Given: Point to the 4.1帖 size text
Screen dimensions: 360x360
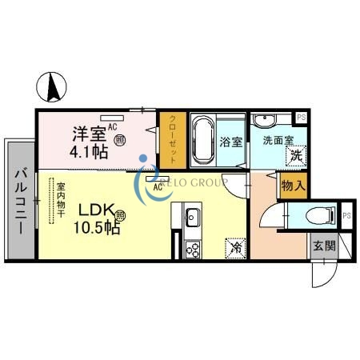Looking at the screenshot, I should [88, 152].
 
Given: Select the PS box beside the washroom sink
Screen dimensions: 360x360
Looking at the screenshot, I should [301, 118].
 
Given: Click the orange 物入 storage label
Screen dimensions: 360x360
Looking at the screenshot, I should [292, 185].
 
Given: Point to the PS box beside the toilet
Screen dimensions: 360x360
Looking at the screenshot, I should [346, 215].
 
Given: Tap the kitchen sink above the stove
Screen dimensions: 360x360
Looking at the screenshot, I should [193, 217].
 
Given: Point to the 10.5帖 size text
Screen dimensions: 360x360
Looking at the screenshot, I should [98, 229].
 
